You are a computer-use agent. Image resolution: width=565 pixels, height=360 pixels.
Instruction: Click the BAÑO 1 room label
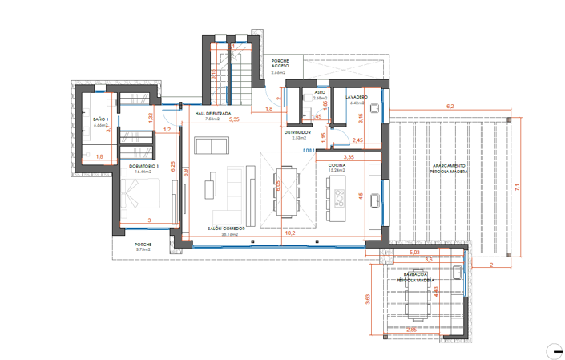click(x=101, y=119)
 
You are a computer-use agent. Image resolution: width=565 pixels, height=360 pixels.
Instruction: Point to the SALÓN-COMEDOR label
click(x=226, y=229)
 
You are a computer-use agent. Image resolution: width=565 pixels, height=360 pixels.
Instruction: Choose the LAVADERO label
click(x=357, y=98)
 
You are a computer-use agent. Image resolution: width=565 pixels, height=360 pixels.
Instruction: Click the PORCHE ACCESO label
click(x=280, y=63)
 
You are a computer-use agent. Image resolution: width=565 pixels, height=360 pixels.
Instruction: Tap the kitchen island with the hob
click(x=337, y=196)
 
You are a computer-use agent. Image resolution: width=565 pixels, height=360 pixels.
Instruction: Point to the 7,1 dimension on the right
click(x=519, y=187)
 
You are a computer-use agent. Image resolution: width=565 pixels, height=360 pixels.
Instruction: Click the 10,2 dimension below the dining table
click(x=290, y=233)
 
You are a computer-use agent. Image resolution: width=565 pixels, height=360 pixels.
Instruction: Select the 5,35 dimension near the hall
click(x=234, y=120)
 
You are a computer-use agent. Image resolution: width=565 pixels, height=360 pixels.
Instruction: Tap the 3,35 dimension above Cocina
click(x=349, y=157)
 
